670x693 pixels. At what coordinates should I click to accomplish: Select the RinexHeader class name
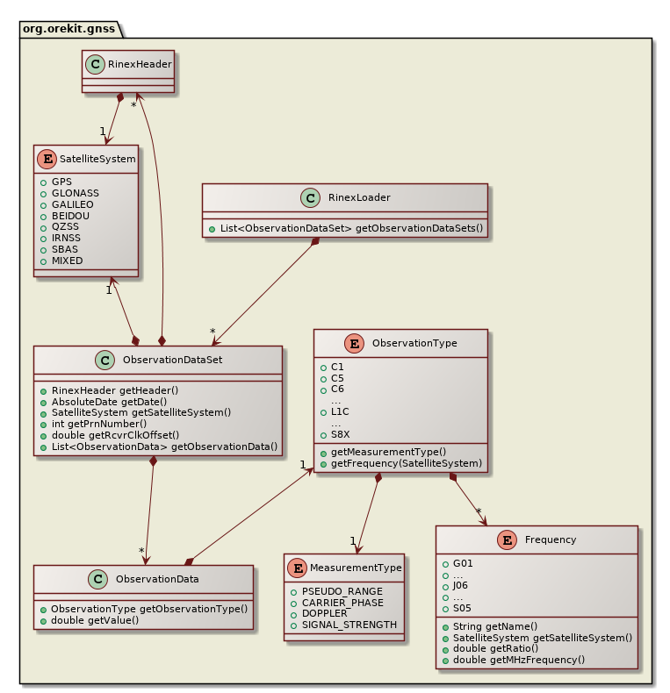(x=139, y=63)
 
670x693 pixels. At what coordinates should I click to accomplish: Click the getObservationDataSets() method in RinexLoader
(x=350, y=228)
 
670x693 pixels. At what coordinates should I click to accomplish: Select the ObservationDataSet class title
(x=172, y=359)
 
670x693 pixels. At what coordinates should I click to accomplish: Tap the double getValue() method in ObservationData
(x=95, y=620)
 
